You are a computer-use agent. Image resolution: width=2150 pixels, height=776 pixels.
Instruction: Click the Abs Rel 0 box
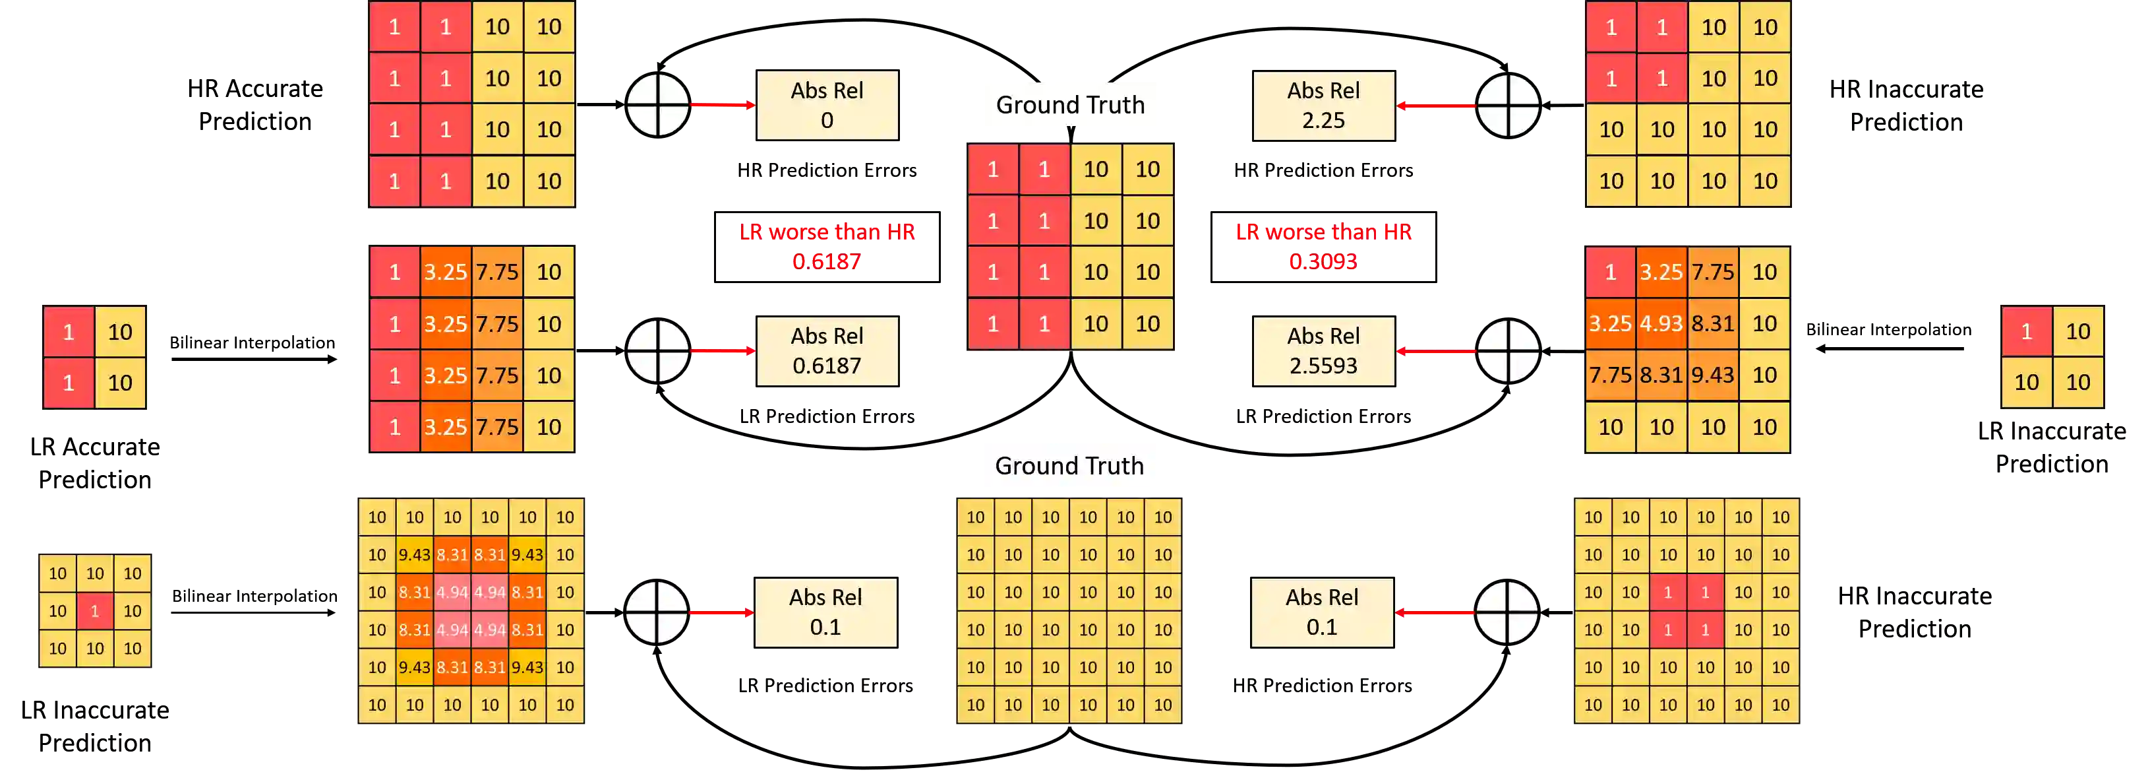click(827, 106)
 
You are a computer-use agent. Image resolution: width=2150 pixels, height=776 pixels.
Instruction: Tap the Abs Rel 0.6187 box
click(827, 351)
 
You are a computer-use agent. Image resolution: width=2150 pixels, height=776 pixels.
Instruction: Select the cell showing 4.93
click(1661, 323)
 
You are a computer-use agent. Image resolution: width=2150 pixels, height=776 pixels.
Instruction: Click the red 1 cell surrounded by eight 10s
click(94, 610)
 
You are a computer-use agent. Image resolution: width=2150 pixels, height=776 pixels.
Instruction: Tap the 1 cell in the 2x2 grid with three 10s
click(2027, 332)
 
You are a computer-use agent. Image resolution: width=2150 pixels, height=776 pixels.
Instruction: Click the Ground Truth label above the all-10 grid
click(1069, 466)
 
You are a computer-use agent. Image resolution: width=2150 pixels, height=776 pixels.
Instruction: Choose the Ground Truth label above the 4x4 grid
click(1070, 104)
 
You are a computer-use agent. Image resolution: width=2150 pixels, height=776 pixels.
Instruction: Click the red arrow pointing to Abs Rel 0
click(722, 106)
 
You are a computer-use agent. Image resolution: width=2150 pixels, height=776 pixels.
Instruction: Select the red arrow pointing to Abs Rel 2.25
click(1437, 106)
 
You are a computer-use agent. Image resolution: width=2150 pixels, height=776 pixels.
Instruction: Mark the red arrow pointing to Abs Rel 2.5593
click(1437, 351)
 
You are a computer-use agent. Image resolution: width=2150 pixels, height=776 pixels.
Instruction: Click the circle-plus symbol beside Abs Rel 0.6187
click(658, 351)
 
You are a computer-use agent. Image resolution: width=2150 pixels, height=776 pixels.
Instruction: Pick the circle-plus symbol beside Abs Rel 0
click(658, 106)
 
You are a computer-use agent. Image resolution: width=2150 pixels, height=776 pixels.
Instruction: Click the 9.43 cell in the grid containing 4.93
click(1713, 375)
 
